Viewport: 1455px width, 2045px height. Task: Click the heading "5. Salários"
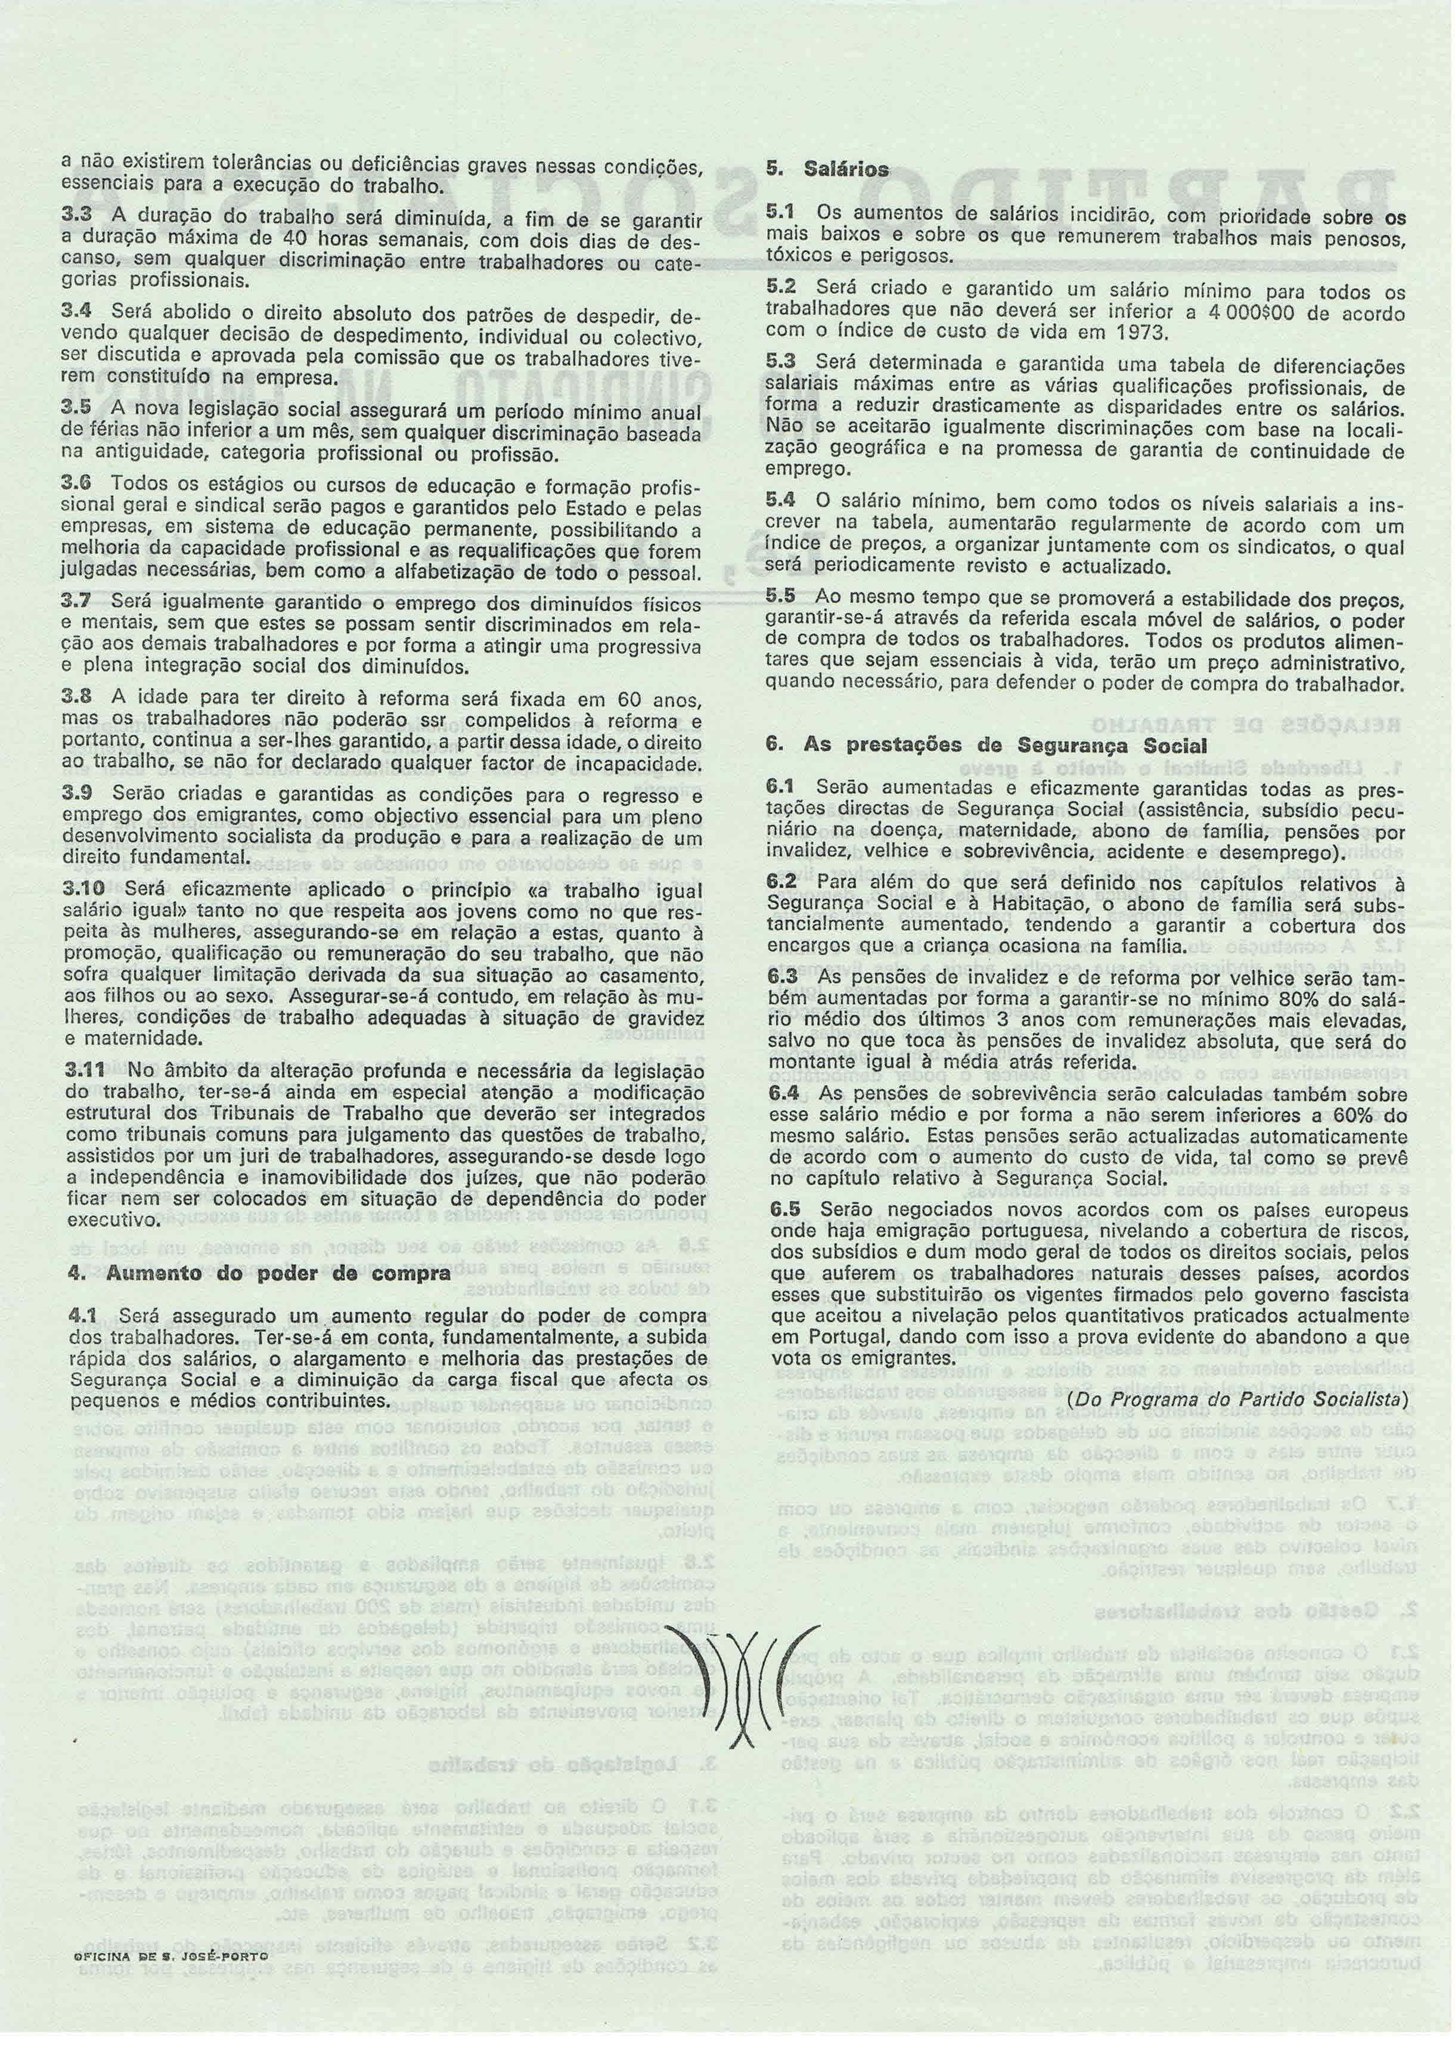[x=827, y=169]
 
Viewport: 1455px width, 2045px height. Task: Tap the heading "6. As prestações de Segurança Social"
[x=985, y=745]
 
